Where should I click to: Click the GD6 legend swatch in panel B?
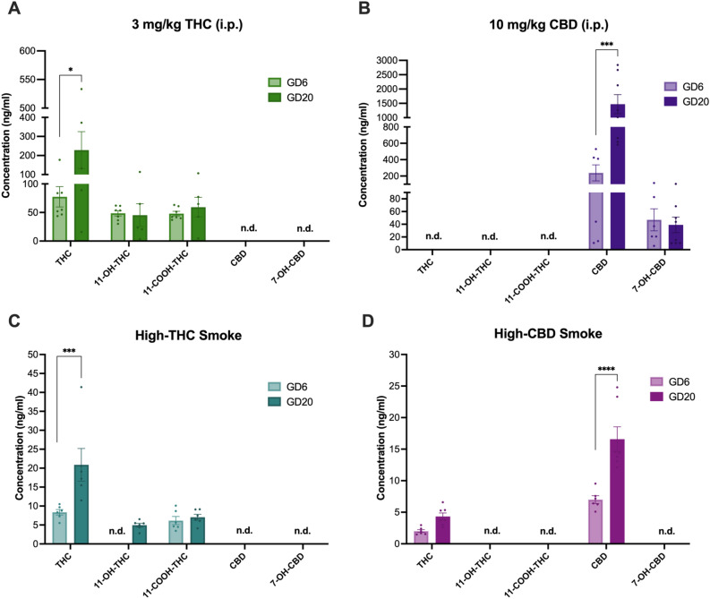618,87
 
